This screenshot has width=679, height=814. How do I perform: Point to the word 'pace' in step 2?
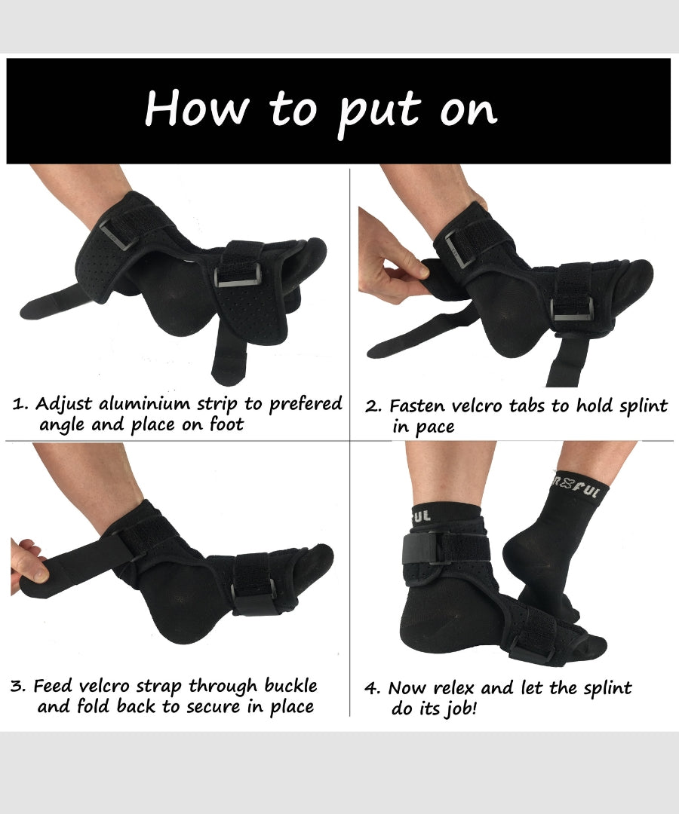click(435, 427)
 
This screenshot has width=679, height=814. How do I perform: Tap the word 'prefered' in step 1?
click(304, 404)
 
